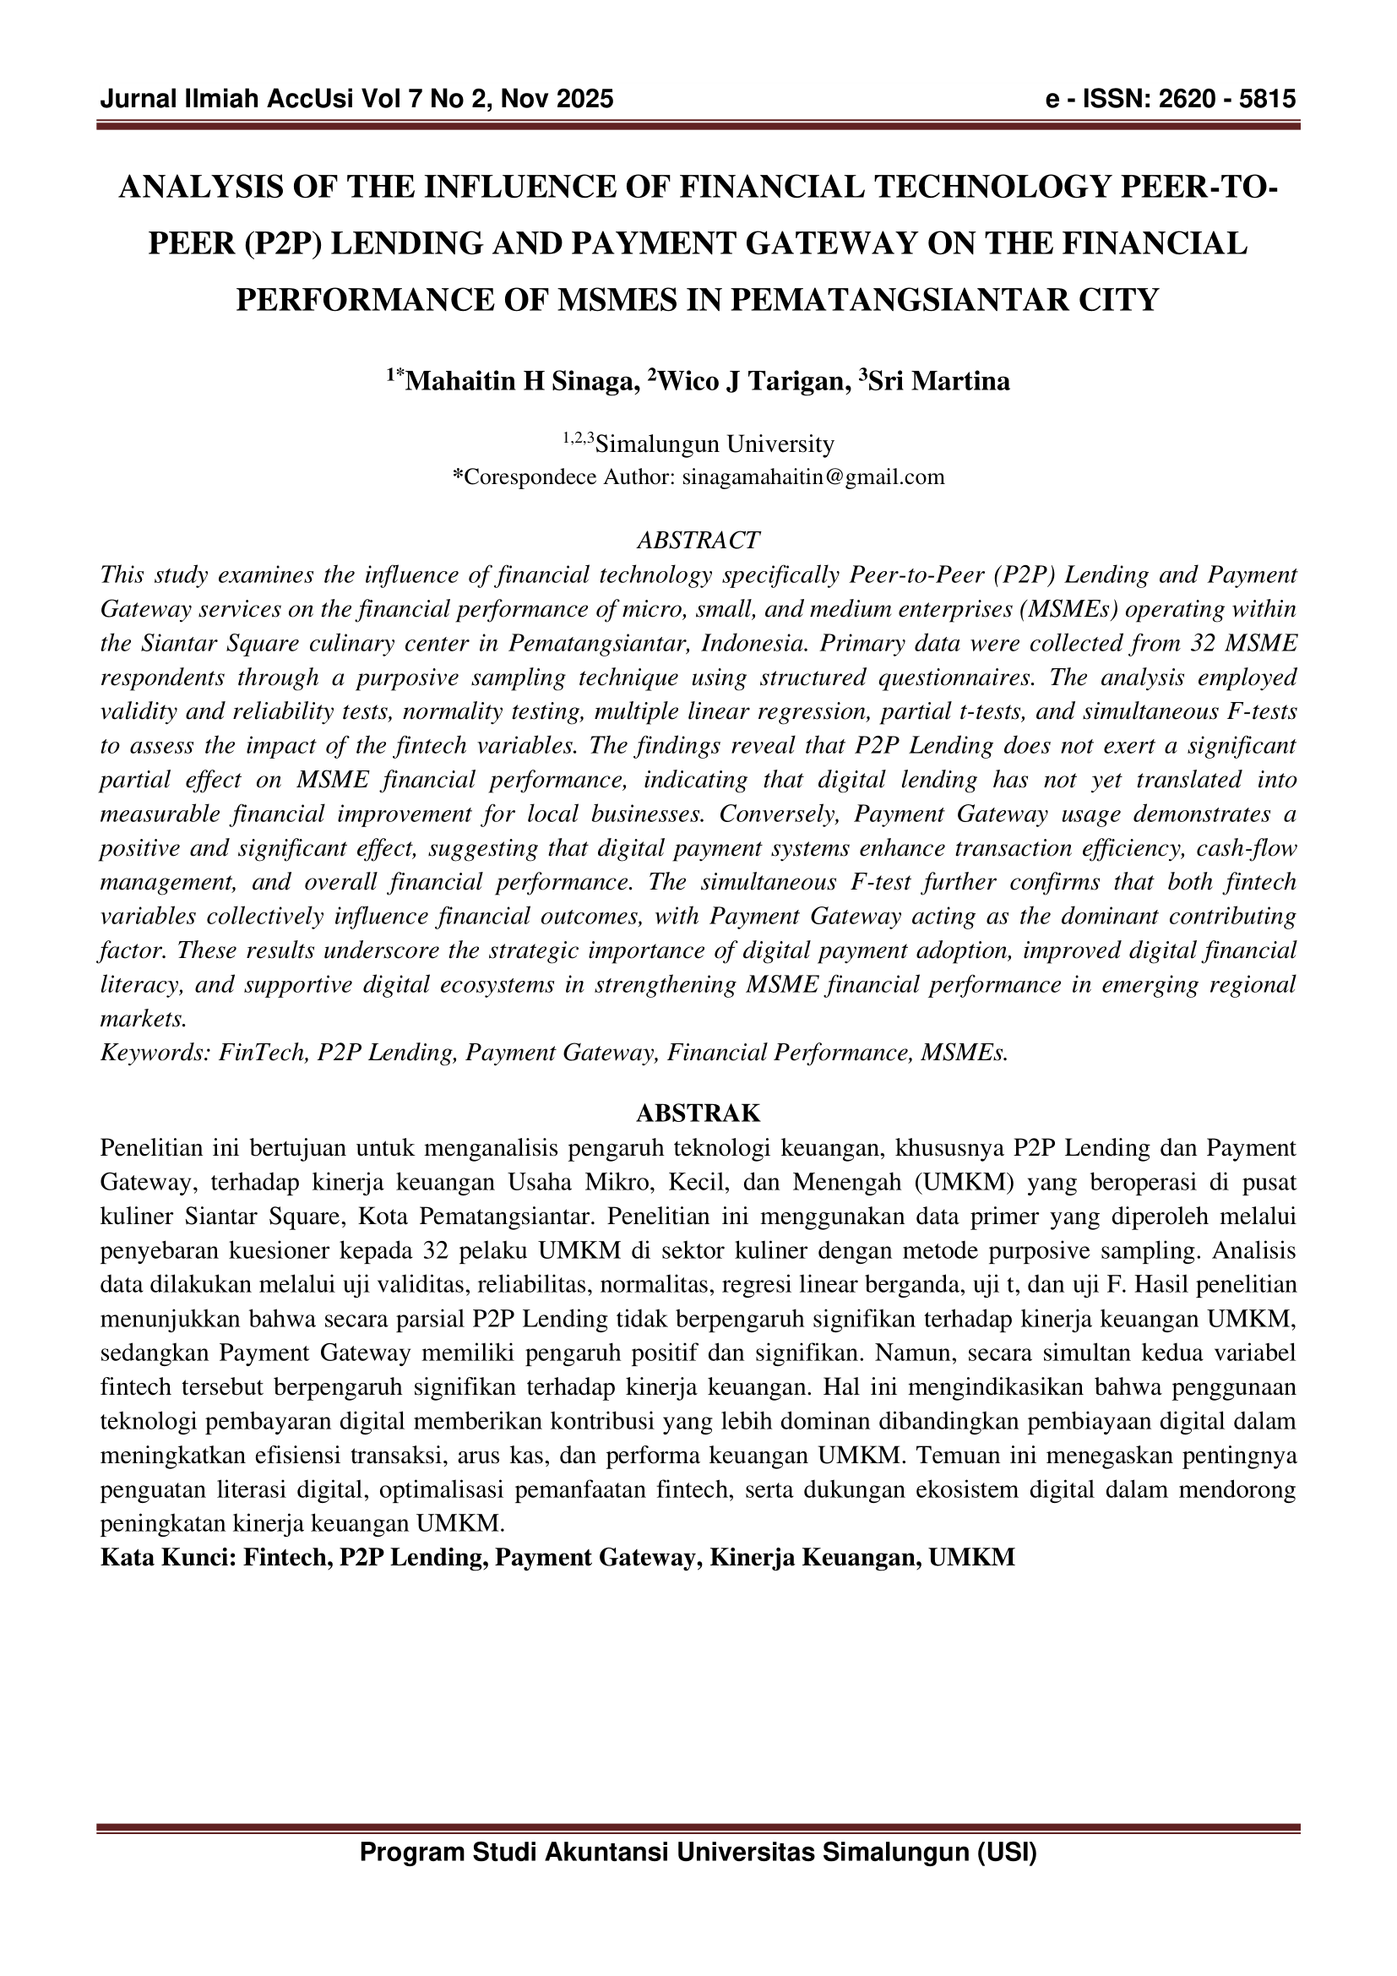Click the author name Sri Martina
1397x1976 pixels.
(937, 380)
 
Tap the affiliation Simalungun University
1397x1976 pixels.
(715, 444)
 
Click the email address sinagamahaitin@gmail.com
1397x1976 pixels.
(813, 476)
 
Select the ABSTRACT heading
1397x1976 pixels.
(698, 541)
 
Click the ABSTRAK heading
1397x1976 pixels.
(698, 1113)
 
